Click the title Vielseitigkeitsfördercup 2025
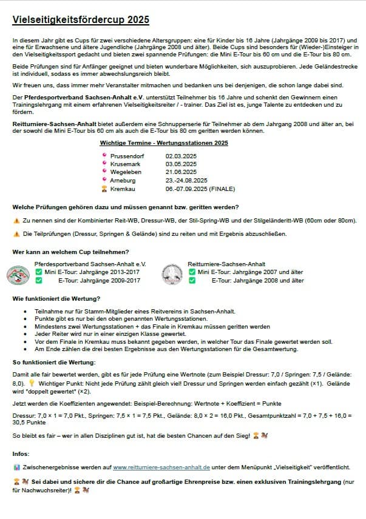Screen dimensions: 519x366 pyautogui.click(x=80, y=20)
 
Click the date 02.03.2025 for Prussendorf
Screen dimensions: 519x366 pyautogui.click(x=181, y=156)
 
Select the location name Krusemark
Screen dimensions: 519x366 pyautogui.click(x=126, y=164)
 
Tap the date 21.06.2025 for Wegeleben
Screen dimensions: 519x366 pyautogui.click(x=181, y=172)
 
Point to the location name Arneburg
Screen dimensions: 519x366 pyautogui.click(x=124, y=180)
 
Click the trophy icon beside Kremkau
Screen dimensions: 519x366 pyautogui.click(x=104, y=189)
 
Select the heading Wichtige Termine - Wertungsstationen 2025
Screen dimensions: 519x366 pyautogui.click(x=164, y=143)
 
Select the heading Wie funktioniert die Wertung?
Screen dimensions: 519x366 pyautogui.click(x=56, y=299)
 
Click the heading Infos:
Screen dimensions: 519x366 pyautogui.click(x=21, y=453)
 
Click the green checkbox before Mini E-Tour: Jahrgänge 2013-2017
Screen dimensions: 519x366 pyautogui.click(x=38, y=272)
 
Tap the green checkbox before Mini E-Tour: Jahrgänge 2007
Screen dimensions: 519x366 pyautogui.click(x=192, y=272)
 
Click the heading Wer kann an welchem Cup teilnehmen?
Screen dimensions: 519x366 pyautogui.click(x=70, y=252)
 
